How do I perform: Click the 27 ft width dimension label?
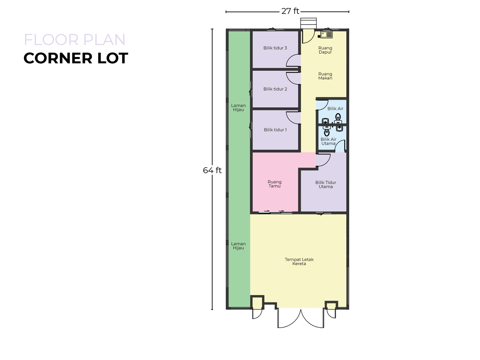(290, 11)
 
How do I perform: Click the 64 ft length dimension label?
(212, 170)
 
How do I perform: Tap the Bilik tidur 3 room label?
(275, 48)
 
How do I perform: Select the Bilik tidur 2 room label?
(275, 89)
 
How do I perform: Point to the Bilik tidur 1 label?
(275, 130)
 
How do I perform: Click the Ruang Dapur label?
(325, 50)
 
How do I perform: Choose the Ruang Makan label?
(325, 76)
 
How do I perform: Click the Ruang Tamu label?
(274, 184)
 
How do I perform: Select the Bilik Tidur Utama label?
(326, 184)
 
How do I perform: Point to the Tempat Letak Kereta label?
(299, 261)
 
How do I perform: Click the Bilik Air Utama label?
(328, 141)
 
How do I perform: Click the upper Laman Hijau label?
(238, 107)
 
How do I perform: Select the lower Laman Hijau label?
(238, 246)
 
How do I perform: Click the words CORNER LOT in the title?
(76, 58)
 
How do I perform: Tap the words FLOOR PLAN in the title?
(75, 40)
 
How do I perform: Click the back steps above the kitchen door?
(308, 23)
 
